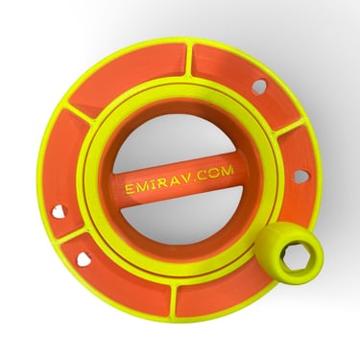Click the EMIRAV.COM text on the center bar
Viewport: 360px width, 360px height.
(x=180, y=180)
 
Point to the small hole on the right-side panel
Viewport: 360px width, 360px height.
(x=299, y=176)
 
